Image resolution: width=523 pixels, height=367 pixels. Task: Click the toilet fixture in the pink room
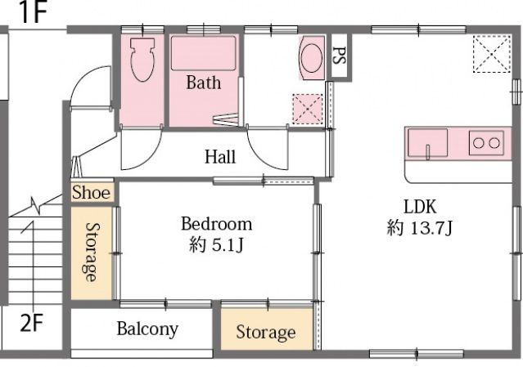(x=142, y=60)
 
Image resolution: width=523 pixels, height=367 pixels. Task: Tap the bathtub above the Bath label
(x=204, y=53)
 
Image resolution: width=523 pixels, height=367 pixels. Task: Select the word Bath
(x=204, y=83)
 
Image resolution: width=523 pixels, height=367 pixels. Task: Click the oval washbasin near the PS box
(x=312, y=58)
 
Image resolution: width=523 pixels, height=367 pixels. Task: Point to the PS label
(x=339, y=56)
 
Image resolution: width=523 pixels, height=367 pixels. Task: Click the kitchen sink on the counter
(x=427, y=142)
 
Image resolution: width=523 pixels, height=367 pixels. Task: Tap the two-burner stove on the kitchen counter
(x=486, y=143)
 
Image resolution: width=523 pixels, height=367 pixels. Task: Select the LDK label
(x=420, y=207)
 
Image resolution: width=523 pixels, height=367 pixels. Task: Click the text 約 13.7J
(x=419, y=228)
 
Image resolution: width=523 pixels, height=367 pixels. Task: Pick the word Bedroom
(x=216, y=224)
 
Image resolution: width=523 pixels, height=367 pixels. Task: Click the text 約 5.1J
(x=216, y=245)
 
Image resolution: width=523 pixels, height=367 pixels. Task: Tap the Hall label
(x=220, y=156)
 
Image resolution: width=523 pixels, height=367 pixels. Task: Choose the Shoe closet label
(x=92, y=193)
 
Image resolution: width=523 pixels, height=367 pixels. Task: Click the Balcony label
(x=147, y=329)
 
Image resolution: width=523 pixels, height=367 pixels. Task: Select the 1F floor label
(x=34, y=12)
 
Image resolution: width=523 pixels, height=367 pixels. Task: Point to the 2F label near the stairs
(x=31, y=322)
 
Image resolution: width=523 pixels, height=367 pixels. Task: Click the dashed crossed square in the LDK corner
(x=492, y=54)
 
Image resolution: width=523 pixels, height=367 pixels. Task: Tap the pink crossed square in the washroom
(x=308, y=110)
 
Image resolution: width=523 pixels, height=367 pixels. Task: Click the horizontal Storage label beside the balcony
(x=266, y=332)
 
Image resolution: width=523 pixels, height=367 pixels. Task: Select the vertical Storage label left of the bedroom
(x=91, y=252)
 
